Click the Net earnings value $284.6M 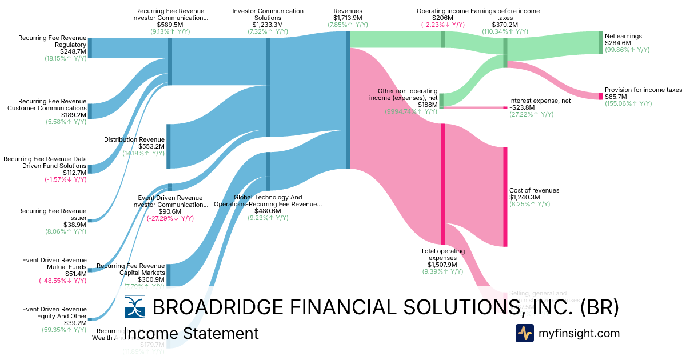[x=618, y=43]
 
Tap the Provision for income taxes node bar [x=600, y=96]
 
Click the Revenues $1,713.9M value [x=348, y=18]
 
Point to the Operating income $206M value [x=442, y=18]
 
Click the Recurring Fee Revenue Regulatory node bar [x=90, y=48]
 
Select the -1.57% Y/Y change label [x=62, y=179]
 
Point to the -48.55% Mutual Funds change [x=62, y=281]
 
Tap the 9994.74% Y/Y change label [x=411, y=111]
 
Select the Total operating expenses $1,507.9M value [x=442, y=265]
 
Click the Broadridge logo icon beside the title [x=135, y=307]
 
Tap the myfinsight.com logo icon [x=524, y=333]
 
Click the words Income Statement [x=191, y=333]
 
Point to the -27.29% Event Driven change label [x=170, y=218]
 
